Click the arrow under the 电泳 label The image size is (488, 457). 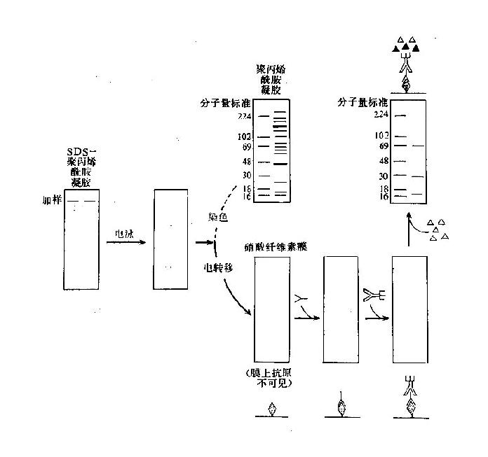click(126, 243)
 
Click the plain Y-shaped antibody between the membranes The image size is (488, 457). click(302, 300)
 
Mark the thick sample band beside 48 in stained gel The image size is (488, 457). click(280, 164)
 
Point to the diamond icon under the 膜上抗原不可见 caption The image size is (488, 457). click(273, 409)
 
